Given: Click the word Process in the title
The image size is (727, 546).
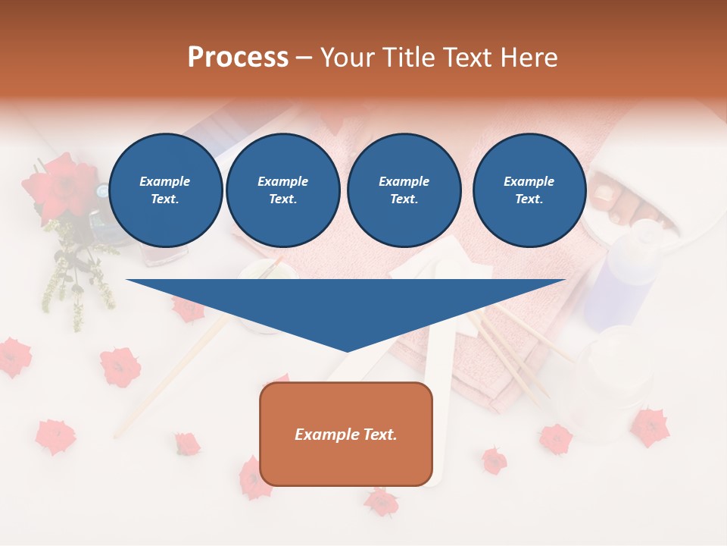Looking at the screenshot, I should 238,58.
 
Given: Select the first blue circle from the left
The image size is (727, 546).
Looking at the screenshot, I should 166,190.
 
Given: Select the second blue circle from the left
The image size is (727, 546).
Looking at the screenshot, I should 283,190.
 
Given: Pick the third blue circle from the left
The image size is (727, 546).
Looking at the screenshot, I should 404,190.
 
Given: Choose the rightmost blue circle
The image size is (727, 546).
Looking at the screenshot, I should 529,190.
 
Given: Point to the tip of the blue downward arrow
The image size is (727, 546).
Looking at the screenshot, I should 347,350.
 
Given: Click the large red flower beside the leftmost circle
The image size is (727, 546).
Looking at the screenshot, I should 61,187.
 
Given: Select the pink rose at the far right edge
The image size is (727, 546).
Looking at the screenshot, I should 650,426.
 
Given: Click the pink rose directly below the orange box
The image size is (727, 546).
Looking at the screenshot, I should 381,501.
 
